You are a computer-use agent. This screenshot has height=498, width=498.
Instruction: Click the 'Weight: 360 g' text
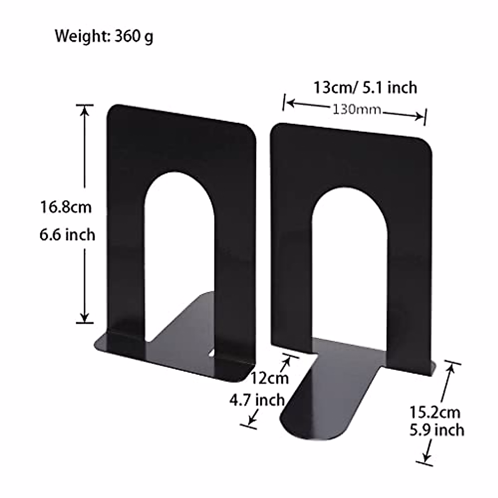(x=104, y=37)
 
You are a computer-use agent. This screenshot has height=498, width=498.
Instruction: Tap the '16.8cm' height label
(x=66, y=207)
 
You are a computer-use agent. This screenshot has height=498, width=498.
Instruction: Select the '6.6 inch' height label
(x=67, y=235)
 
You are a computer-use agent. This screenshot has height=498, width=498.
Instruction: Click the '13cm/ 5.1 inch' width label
(x=365, y=88)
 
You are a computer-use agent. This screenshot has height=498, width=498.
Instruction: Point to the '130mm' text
(x=356, y=110)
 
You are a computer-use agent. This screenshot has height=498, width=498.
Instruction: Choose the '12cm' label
(x=269, y=378)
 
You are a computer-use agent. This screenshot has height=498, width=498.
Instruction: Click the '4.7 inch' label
(x=257, y=400)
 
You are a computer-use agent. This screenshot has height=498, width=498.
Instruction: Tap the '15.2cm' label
(x=435, y=413)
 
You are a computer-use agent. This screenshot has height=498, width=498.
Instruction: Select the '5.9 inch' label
(x=437, y=430)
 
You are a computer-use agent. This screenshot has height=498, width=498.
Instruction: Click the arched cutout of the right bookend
(x=349, y=266)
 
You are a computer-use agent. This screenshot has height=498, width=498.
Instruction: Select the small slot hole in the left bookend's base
(x=212, y=353)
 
